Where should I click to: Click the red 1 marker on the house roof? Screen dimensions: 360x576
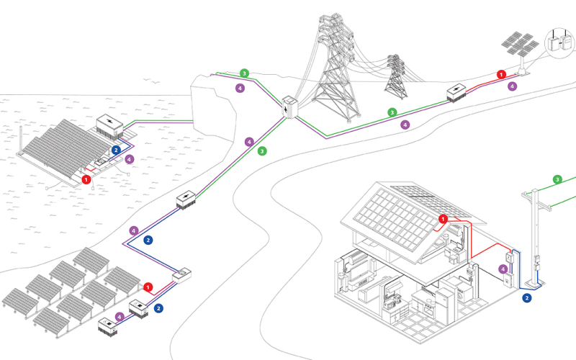(443, 218)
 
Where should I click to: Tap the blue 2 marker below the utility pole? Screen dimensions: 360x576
(526, 297)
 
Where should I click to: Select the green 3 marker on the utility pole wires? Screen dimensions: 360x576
(557, 179)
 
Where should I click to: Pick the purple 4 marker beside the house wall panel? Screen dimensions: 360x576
(503, 269)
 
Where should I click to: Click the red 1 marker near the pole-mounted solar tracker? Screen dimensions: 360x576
(501, 73)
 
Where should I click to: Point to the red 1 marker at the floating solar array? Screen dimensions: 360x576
(86, 179)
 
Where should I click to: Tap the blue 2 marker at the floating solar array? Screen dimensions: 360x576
(116, 150)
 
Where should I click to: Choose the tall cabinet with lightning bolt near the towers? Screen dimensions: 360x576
(289, 108)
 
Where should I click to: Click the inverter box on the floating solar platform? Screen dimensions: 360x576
(111, 127)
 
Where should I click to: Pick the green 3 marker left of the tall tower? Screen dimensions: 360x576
(245, 73)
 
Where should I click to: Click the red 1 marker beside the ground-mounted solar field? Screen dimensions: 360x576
(148, 288)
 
